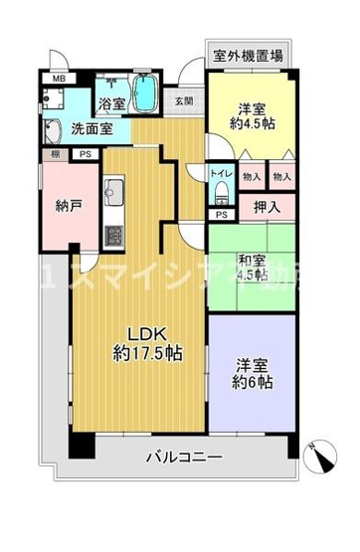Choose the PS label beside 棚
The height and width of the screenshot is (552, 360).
pos(86,153)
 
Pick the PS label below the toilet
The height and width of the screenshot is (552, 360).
pos(221,214)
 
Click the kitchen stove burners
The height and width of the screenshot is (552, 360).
pos(113,236)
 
